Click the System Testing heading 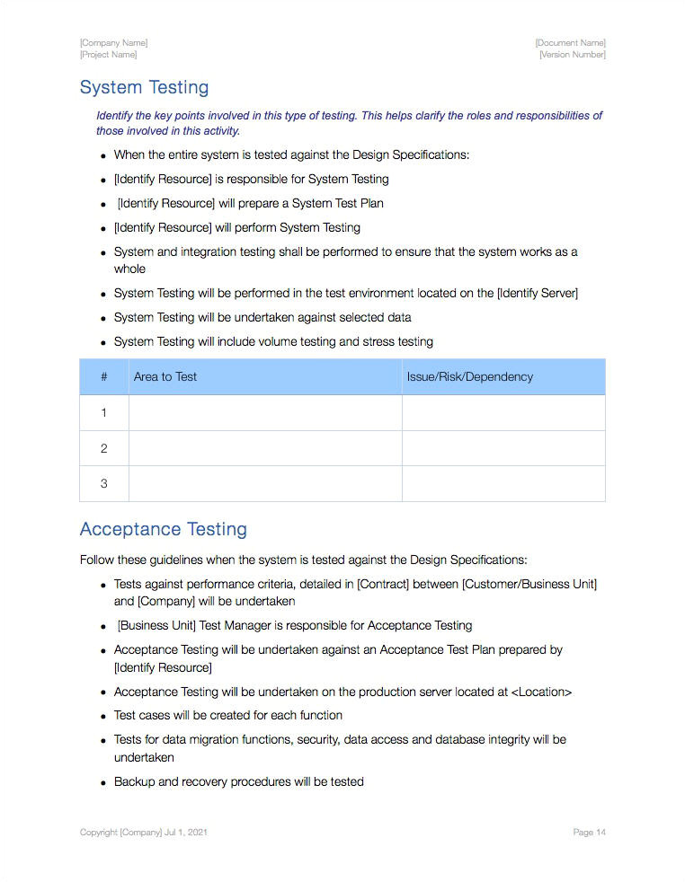click(x=144, y=87)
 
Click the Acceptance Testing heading click(x=163, y=529)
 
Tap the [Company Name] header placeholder click(x=113, y=43)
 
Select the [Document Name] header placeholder click(x=570, y=43)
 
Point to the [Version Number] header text click(x=572, y=55)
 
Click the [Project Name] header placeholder click(x=108, y=55)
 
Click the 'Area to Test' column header click(x=165, y=377)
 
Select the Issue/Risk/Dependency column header click(x=469, y=377)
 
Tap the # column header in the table click(x=103, y=377)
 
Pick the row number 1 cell click(x=103, y=413)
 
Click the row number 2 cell click(x=103, y=448)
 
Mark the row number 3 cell click(x=103, y=483)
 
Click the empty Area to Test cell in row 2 click(x=265, y=448)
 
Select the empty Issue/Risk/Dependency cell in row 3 click(x=503, y=483)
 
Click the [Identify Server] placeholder click(x=538, y=294)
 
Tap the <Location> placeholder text click(x=541, y=692)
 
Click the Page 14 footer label click(x=589, y=833)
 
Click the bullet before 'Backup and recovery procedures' click(x=104, y=783)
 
